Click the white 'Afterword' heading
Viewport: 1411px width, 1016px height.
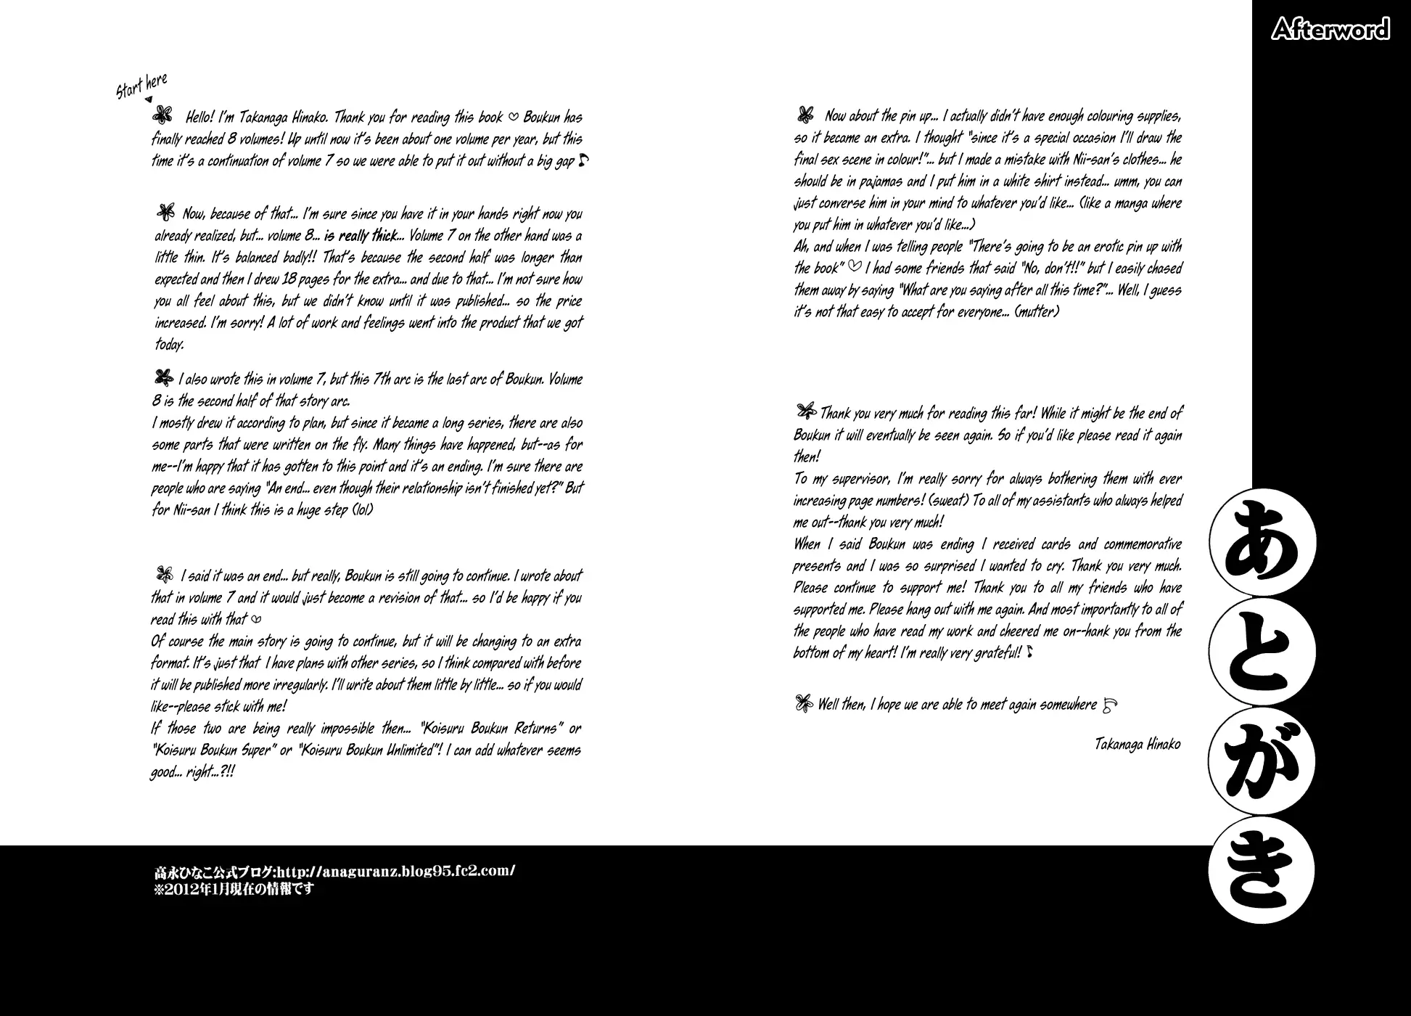1330,30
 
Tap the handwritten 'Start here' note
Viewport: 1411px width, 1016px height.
142,86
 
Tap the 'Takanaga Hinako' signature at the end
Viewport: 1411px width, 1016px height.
1138,745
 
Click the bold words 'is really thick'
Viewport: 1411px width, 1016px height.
360,236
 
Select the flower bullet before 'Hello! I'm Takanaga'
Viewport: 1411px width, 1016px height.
163,115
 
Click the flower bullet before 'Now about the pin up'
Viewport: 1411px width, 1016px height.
805,115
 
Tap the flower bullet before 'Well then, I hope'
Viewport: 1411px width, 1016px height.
803,703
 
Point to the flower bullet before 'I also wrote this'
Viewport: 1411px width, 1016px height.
163,377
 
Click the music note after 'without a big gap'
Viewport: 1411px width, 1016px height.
583,160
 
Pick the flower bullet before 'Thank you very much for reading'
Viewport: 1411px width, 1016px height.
805,411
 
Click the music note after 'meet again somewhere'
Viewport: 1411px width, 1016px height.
1110,704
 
